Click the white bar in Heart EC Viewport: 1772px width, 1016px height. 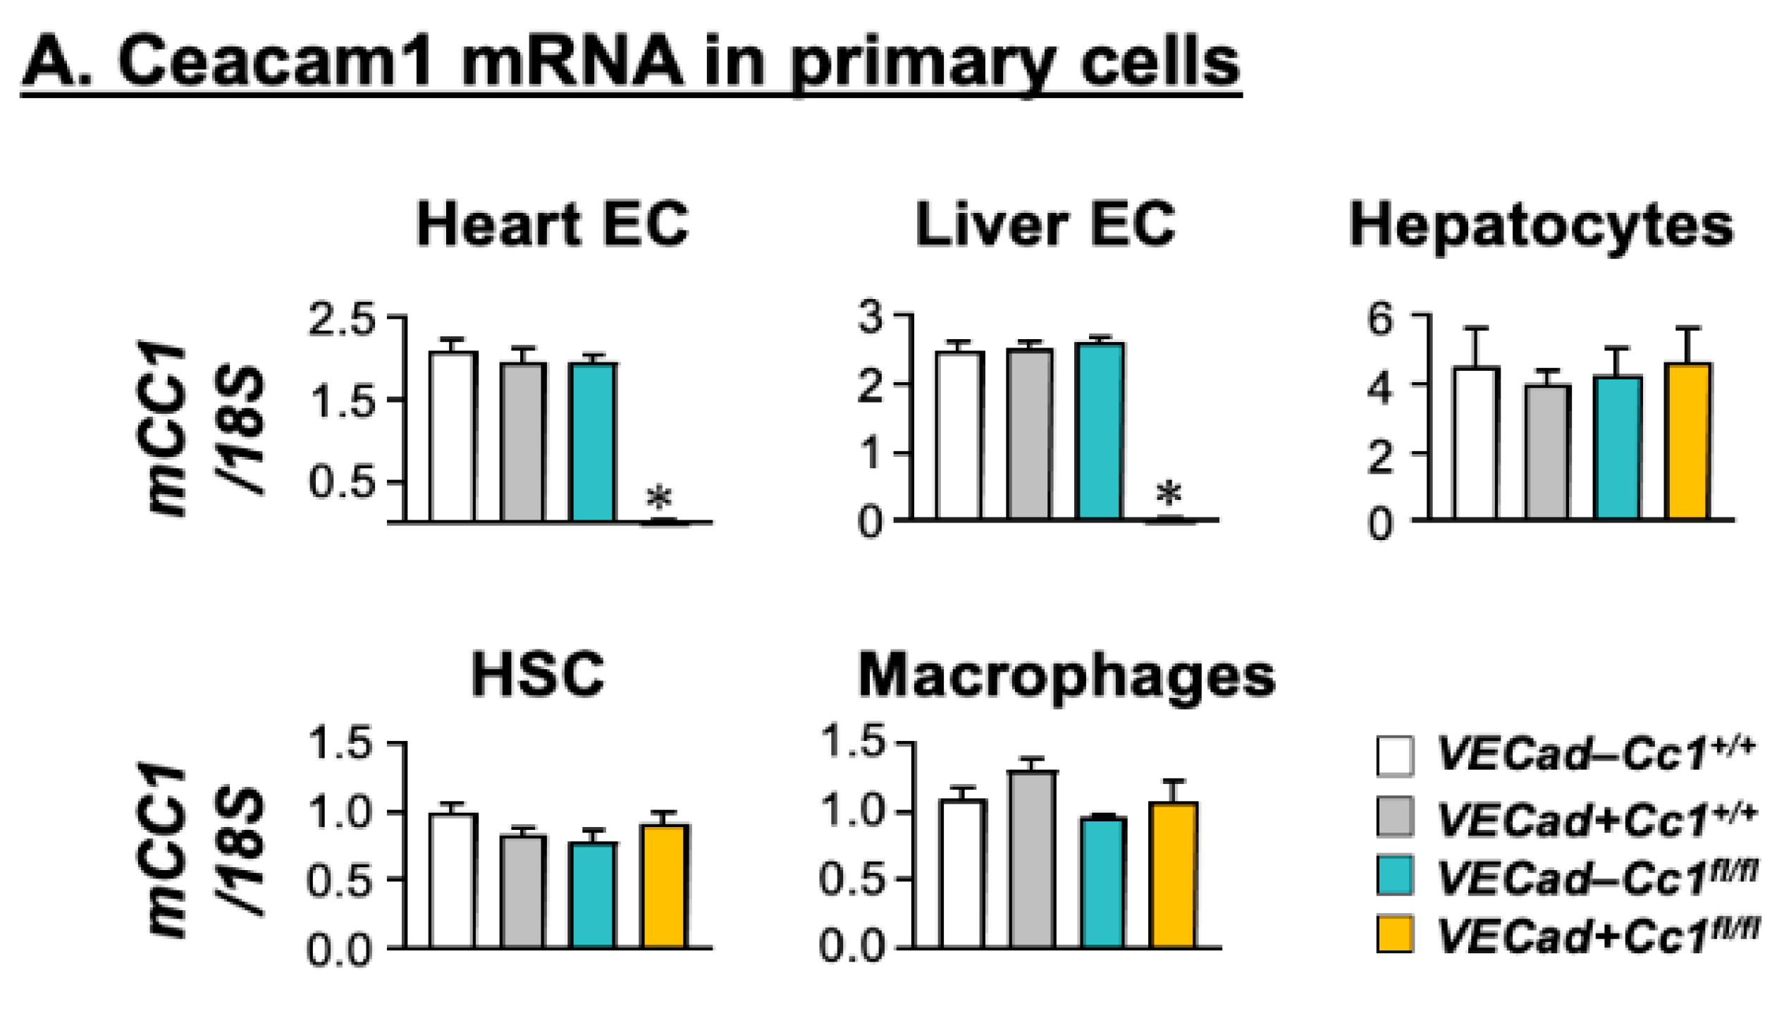[453, 436]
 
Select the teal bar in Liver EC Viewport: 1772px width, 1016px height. [1099, 431]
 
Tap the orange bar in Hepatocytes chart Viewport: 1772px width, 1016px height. [1687, 441]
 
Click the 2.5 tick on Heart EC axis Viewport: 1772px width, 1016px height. [341, 319]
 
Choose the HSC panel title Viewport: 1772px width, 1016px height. [537, 674]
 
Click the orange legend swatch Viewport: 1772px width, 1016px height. [1394, 934]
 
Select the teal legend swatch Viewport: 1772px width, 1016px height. [1394, 875]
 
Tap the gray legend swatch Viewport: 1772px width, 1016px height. [1394, 816]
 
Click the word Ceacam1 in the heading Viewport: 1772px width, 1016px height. [274, 62]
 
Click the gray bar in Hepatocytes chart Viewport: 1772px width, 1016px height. [1546, 452]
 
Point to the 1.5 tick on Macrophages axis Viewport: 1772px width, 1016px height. [852, 742]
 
